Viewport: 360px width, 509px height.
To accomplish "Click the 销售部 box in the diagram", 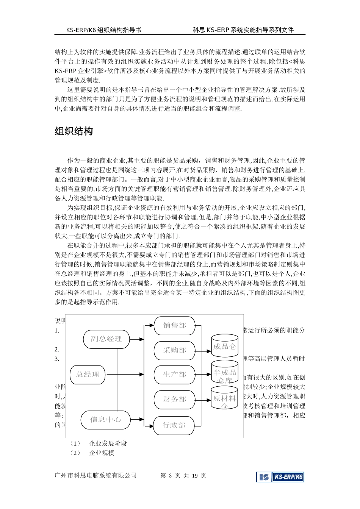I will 175,325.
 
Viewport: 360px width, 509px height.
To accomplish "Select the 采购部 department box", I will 175,350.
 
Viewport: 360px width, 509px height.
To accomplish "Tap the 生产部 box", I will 175,375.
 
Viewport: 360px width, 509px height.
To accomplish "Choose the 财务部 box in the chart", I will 175,399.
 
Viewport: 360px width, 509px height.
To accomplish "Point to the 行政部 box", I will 174,425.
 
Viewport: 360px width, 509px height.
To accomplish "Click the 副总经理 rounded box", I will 106,339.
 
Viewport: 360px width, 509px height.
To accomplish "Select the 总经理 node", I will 88,375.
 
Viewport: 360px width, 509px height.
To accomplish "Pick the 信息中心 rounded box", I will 106,420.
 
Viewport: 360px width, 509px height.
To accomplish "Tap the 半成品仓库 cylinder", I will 225,373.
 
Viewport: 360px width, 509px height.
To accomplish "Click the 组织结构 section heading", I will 74,131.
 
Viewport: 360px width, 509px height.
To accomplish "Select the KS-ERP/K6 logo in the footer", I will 280,477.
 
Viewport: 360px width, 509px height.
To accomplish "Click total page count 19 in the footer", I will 195,476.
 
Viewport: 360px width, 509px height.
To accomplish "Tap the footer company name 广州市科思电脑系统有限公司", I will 95,476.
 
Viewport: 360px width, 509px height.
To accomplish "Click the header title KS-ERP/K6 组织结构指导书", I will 103,30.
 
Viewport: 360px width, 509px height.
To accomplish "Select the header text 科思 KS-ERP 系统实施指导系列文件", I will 243,30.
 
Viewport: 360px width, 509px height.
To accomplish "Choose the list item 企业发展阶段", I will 108,443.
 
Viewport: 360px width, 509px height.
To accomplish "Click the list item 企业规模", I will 102,453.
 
